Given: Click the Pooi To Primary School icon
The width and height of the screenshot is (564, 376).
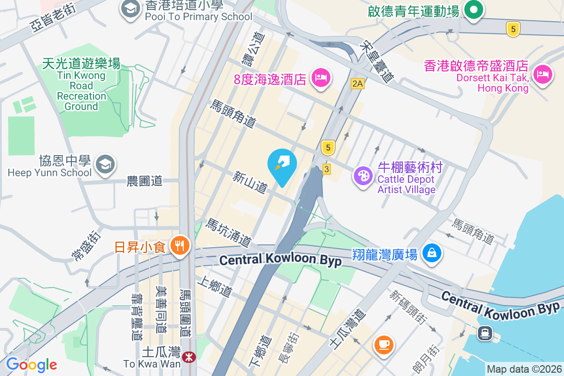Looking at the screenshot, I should pyautogui.click(x=130, y=9).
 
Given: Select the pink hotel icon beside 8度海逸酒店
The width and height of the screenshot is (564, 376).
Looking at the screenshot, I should pyautogui.click(x=321, y=77).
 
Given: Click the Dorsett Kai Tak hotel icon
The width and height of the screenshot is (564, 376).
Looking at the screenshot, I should pyautogui.click(x=542, y=74).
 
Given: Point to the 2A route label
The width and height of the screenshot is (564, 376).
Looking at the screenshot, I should pyautogui.click(x=358, y=84).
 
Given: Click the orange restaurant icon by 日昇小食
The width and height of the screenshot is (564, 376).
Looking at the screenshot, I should pyautogui.click(x=179, y=245).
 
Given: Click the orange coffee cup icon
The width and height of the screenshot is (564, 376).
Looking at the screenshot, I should pyautogui.click(x=384, y=345).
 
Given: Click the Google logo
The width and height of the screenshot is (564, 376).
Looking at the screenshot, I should pyautogui.click(x=31, y=364).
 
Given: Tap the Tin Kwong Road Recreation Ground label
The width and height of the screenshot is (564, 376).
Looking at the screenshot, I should pyautogui.click(x=81, y=85).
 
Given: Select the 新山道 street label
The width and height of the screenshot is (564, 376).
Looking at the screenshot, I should pyautogui.click(x=250, y=182).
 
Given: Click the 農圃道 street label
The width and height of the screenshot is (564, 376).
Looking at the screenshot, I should pyautogui.click(x=144, y=180).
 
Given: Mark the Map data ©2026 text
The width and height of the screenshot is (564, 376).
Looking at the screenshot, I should pyautogui.click(x=524, y=369).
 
